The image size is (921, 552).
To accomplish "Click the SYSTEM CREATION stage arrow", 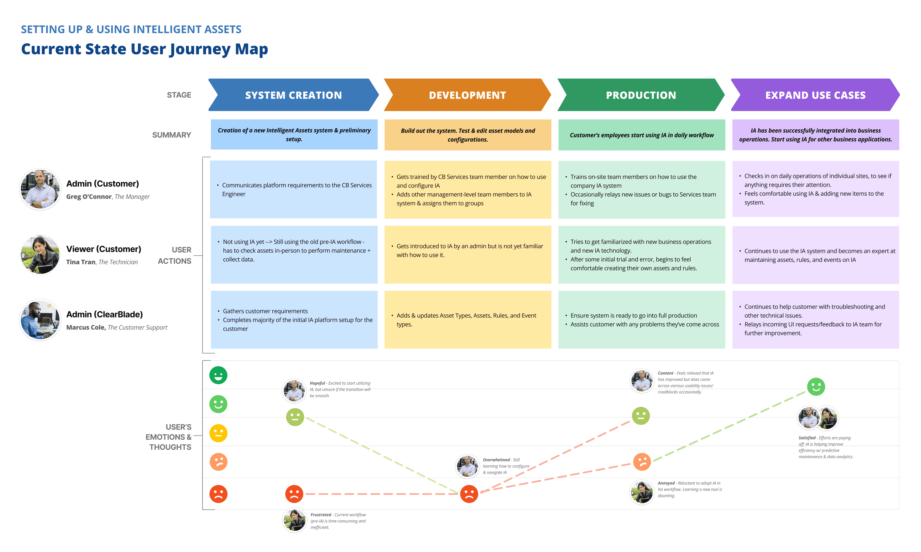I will [x=293, y=95].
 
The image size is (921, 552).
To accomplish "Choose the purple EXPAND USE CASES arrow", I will [x=815, y=95].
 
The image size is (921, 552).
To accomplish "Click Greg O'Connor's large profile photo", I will [x=40, y=189].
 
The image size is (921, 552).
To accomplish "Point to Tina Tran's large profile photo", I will [x=40, y=255].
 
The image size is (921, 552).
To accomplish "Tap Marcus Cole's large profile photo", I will [x=40, y=320].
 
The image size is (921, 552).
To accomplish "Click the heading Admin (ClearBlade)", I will [x=105, y=314].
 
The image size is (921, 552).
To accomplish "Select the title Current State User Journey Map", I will [x=144, y=49].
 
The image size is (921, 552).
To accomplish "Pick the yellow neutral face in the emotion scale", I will [x=218, y=433].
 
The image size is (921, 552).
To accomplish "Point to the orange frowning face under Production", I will [x=642, y=461].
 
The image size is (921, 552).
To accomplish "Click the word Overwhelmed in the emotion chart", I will [x=496, y=460].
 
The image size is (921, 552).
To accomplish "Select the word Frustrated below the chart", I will [x=321, y=515].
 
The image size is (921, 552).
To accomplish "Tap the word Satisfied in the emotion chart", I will [x=807, y=438].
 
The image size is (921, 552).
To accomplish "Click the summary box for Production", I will [x=641, y=135].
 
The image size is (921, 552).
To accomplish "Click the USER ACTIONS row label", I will [x=175, y=255].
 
